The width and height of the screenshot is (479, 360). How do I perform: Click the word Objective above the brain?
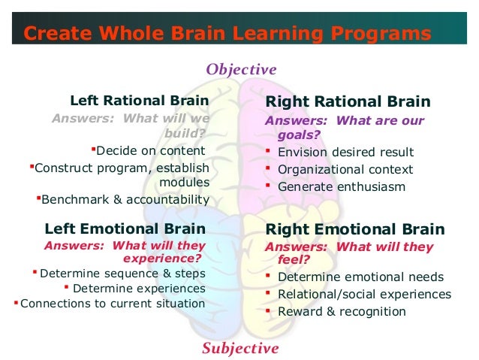tap(241, 70)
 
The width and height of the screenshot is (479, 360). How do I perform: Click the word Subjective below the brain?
tap(240, 348)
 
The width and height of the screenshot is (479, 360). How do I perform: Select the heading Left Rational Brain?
tap(139, 101)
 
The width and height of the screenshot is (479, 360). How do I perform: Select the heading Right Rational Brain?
tap(348, 101)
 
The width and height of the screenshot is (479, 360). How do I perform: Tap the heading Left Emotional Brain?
tap(125, 228)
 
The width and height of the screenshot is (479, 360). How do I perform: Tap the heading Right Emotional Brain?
tap(355, 229)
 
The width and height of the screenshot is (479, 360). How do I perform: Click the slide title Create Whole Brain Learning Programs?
tap(227, 33)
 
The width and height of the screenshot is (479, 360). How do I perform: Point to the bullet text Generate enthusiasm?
tap(341, 186)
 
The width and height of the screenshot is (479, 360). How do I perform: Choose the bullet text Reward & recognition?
tap(342, 311)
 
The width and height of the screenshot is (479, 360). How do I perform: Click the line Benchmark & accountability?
tap(125, 200)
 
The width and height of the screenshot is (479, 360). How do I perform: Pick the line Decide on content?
tap(150, 150)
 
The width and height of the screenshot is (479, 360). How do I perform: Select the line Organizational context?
tap(345, 169)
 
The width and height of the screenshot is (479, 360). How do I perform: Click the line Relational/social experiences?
tap(364, 294)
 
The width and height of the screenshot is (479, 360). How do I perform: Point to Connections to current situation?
tap(113, 304)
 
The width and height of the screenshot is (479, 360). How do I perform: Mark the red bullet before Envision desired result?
tap(268, 151)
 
